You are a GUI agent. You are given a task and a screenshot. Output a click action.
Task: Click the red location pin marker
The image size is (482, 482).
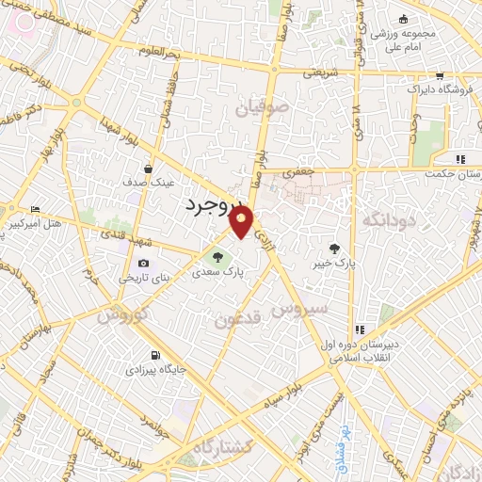tap(242, 223)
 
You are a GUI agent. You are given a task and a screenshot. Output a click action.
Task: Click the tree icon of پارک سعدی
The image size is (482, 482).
tap(217, 255)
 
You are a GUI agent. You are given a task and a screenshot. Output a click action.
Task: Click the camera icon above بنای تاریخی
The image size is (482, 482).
tap(143, 264)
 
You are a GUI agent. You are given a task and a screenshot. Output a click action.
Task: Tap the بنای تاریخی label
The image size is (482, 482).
tap(141, 279)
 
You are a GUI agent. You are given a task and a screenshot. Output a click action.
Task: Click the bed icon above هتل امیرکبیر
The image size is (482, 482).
tap(36, 209)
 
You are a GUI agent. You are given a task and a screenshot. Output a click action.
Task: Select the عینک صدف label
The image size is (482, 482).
tap(150, 184)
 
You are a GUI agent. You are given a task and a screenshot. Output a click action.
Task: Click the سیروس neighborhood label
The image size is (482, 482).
tap(300, 308)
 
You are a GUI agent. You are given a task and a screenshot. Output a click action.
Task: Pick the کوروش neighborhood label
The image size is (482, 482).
tap(118, 313)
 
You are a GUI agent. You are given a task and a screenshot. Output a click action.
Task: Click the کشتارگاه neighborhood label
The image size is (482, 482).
tap(226, 445)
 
